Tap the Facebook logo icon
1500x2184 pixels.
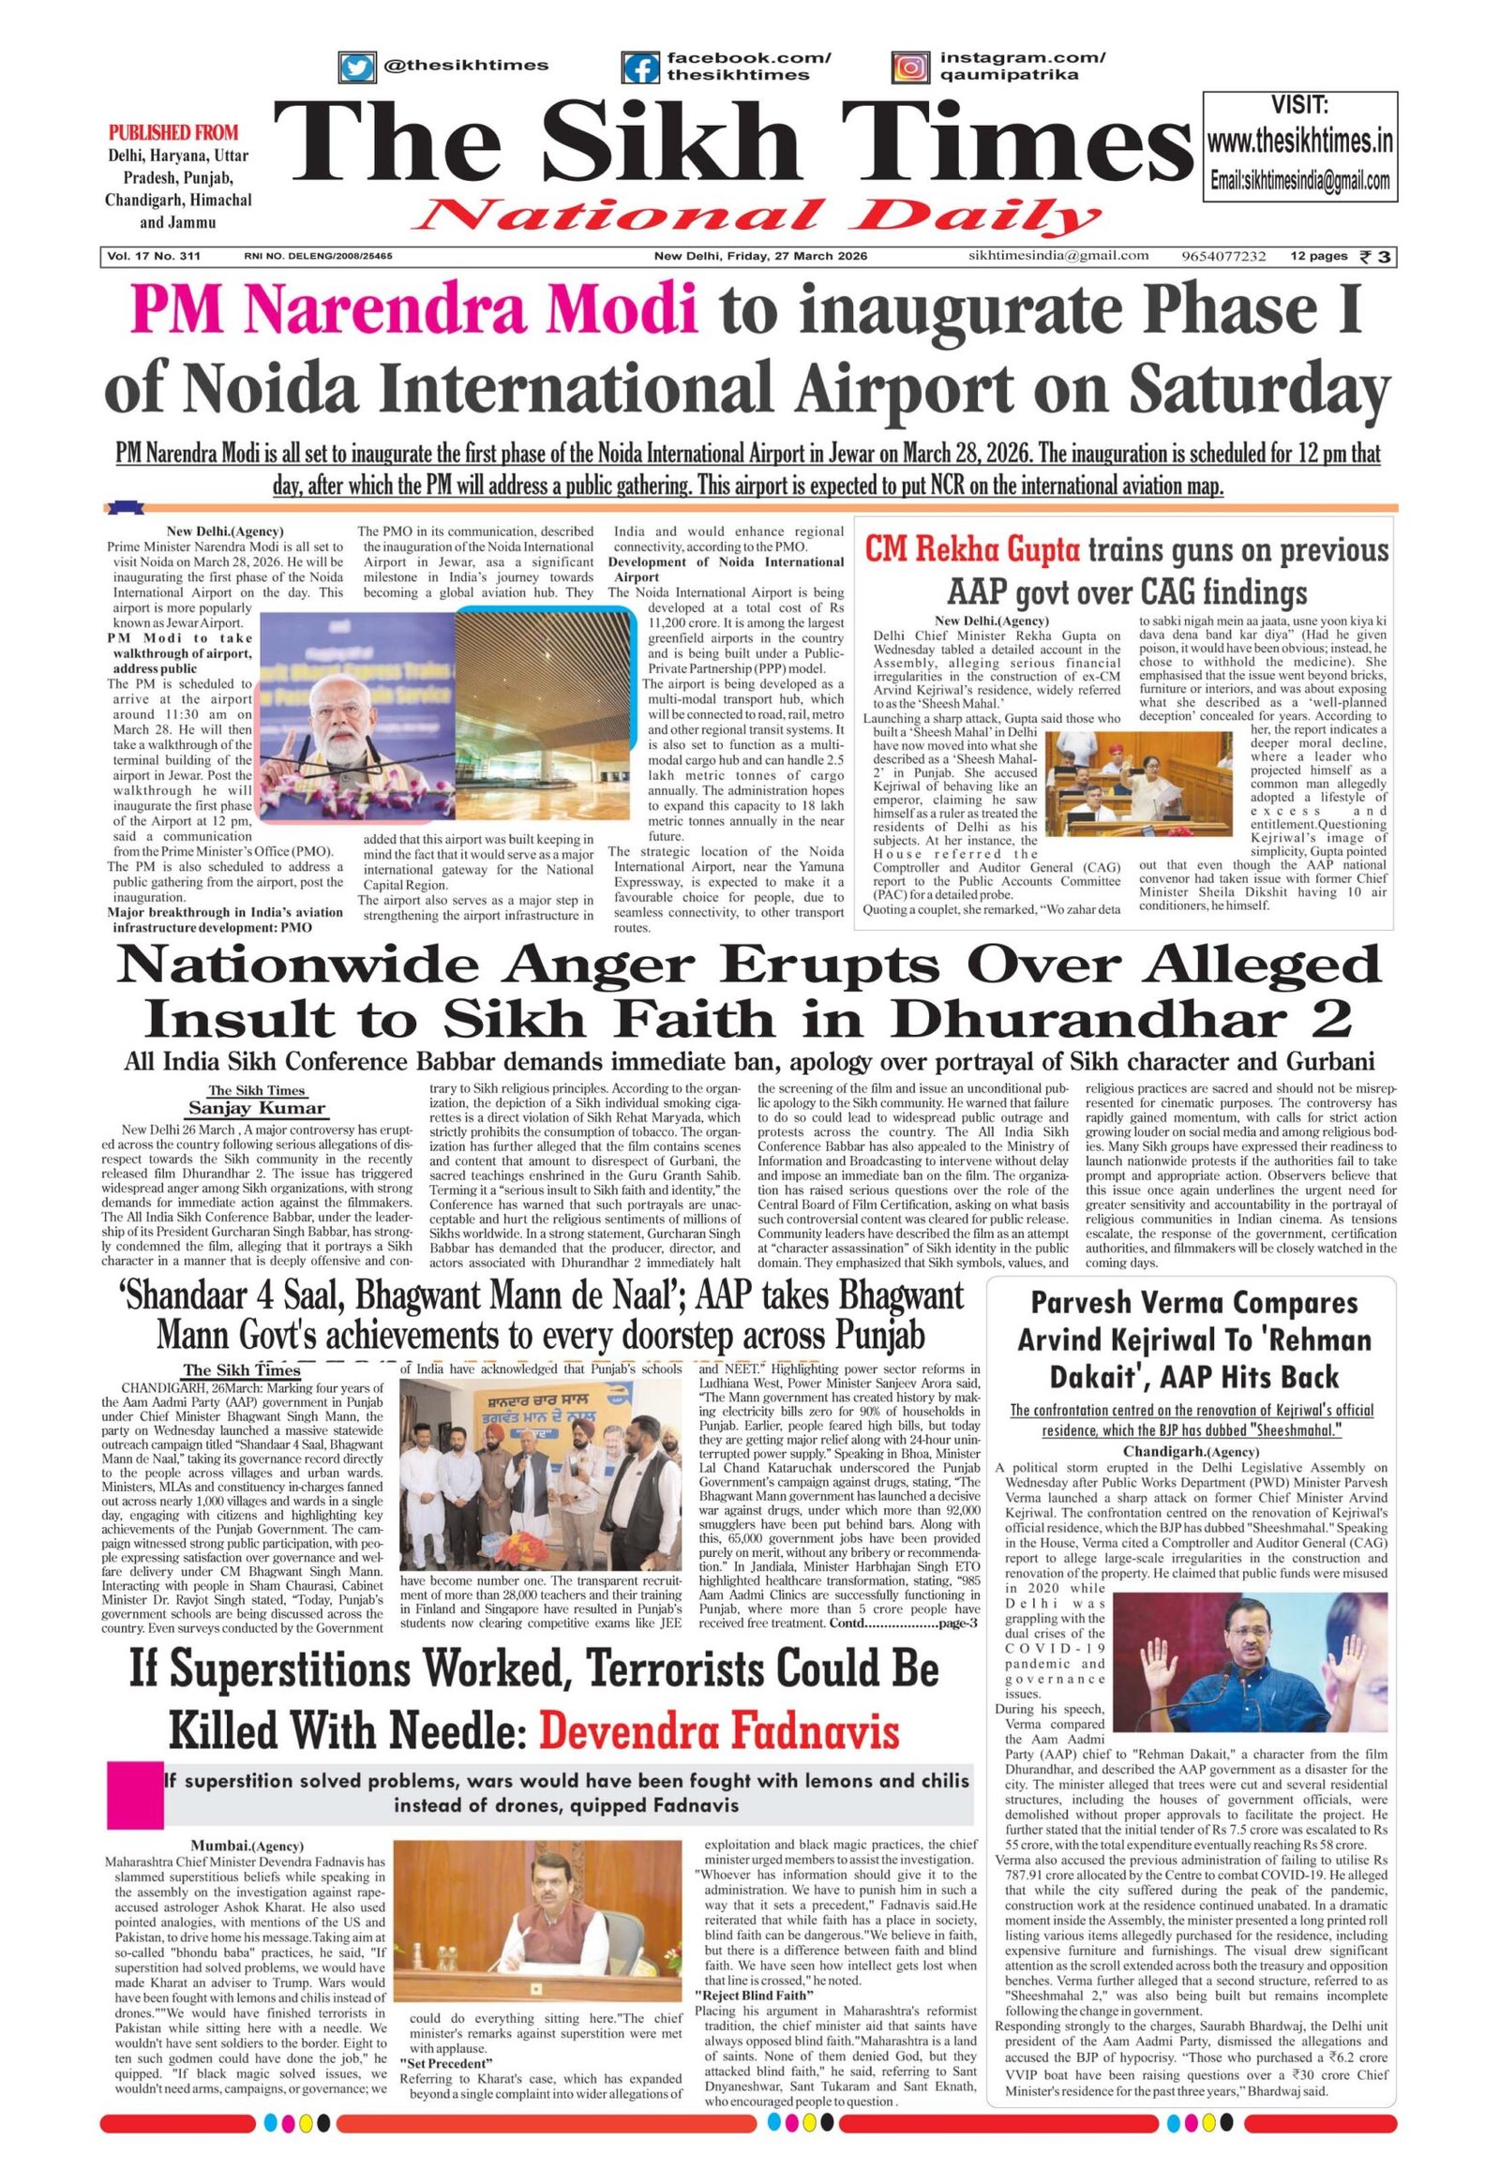tap(642, 67)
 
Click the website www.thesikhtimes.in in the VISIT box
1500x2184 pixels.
tap(1299, 143)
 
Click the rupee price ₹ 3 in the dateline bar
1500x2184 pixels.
tap(1376, 256)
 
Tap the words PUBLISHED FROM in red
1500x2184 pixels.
tap(172, 132)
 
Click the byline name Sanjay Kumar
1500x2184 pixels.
tap(257, 1108)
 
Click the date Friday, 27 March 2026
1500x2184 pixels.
tap(761, 256)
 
